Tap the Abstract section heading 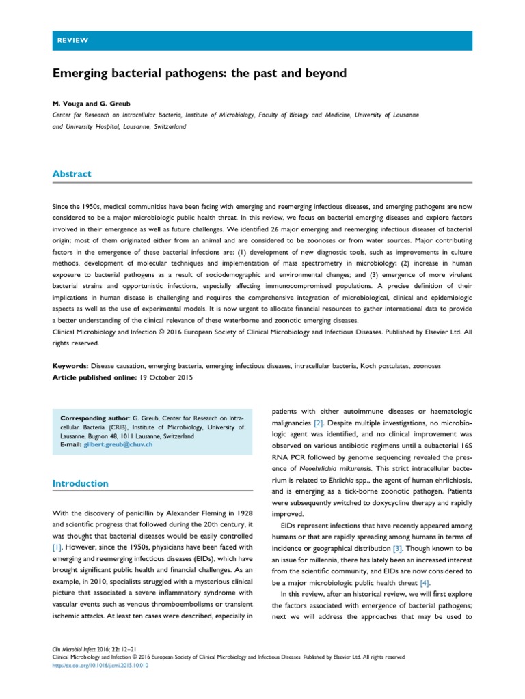pyautogui.click(x=72, y=174)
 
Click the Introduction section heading pyautogui.click(x=81, y=483)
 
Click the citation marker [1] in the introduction pyautogui.click(x=58, y=547)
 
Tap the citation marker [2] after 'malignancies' pyautogui.click(x=319, y=423)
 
